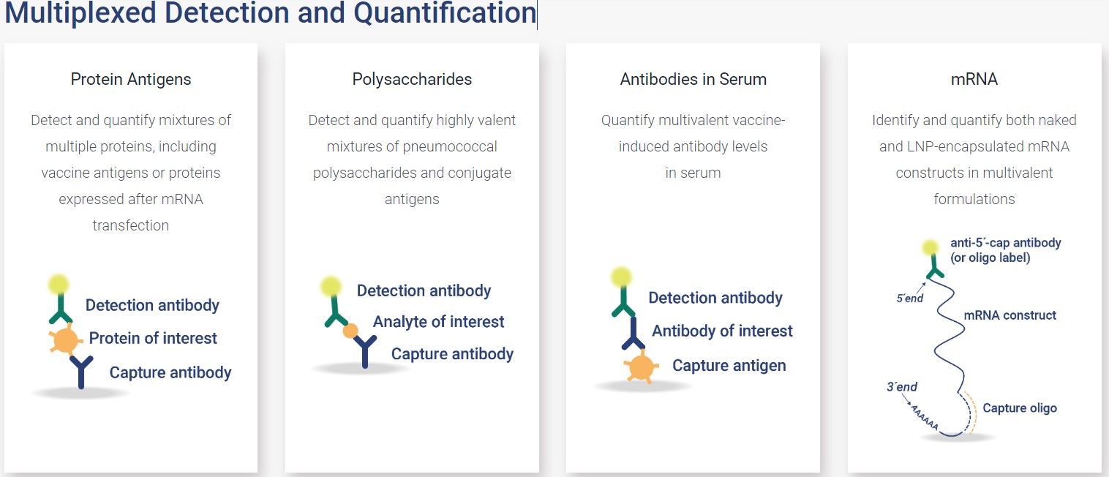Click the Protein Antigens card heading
[x=131, y=79]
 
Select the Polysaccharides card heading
[x=412, y=79]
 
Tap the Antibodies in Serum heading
[x=693, y=79]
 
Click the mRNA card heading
[x=974, y=79]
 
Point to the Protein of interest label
[x=153, y=338]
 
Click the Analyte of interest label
[x=439, y=322]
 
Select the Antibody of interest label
[x=722, y=331]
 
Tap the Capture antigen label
[x=729, y=366]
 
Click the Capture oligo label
[x=1020, y=408]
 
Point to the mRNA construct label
[x=1010, y=315]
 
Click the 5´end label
[x=910, y=298]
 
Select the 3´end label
[x=902, y=387]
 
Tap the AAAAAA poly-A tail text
[x=925, y=417]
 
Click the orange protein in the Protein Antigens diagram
[x=65, y=339]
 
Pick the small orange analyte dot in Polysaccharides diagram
[x=350, y=331]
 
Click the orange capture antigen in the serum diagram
[x=641, y=367]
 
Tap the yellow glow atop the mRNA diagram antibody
[x=931, y=247]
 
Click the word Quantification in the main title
[x=445, y=13]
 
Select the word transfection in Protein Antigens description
[x=131, y=225]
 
